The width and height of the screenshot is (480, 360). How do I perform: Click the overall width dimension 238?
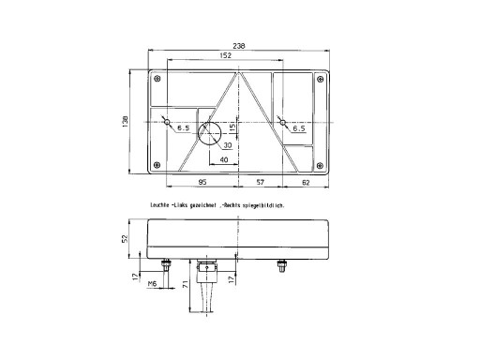click(x=240, y=47)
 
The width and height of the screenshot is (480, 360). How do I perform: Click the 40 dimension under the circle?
click(x=223, y=160)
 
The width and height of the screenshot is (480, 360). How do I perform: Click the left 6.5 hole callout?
click(x=183, y=127)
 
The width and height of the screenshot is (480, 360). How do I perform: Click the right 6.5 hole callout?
click(x=298, y=127)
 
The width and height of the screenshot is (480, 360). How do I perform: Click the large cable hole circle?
click(x=212, y=134)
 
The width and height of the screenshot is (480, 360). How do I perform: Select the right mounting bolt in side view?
click(x=280, y=268)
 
